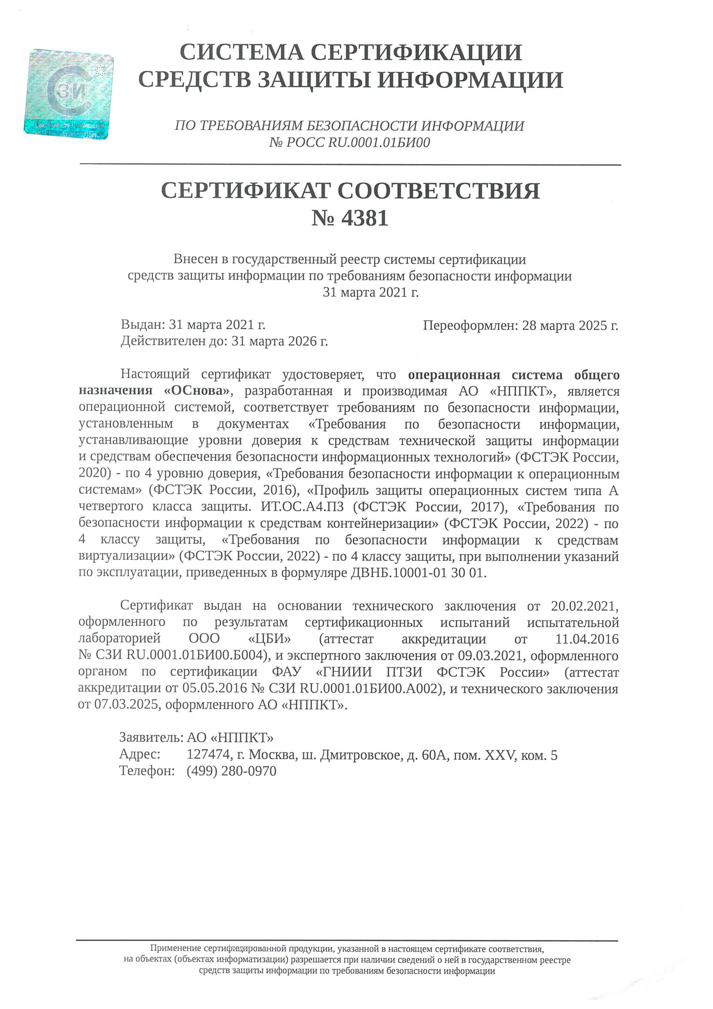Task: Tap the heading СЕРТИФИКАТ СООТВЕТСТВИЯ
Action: [350, 191]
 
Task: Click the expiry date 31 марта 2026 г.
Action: [280, 341]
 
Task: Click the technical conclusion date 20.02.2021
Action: [585, 606]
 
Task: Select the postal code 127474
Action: [209, 755]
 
